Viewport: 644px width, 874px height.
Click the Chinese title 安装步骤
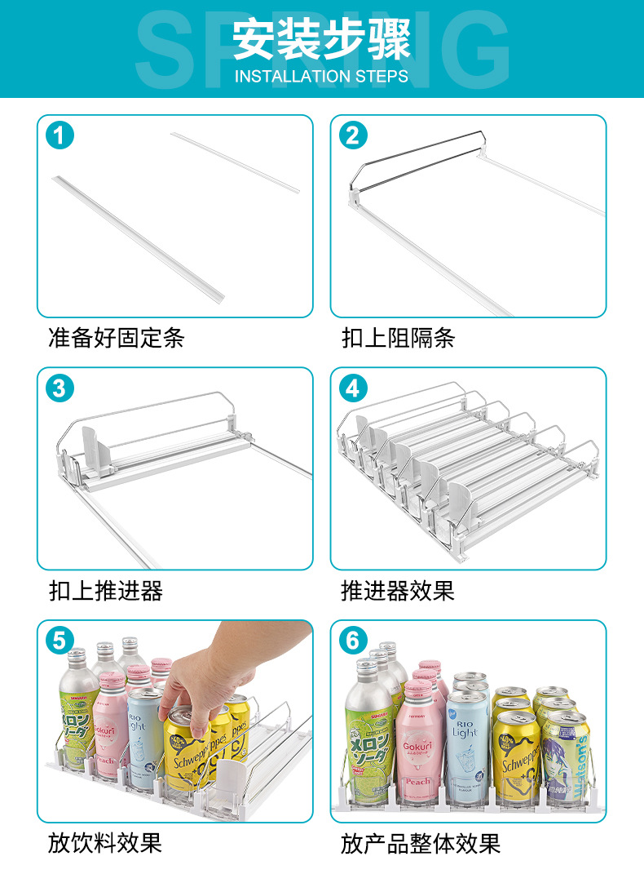click(x=321, y=39)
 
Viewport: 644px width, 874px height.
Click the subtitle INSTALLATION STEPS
click(x=321, y=77)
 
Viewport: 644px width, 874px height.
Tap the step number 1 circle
click(x=59, y=135)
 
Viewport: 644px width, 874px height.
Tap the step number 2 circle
click(x=352, y=135)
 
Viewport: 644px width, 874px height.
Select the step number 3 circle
click(x=59, y=388)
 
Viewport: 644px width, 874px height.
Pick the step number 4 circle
click(x=352, y=388)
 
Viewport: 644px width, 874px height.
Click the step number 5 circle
click(x=59, y=641)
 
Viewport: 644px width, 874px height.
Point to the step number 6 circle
click(x=352, y=641)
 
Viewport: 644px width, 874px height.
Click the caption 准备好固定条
click(x=117, y=338)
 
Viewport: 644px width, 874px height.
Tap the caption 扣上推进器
click(x=106, y=591)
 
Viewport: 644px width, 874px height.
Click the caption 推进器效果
click(x=398, y=591)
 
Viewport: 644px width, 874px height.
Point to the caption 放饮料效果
click(x=105, y=843)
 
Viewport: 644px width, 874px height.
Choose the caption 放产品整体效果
click(x=421, y=843)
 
